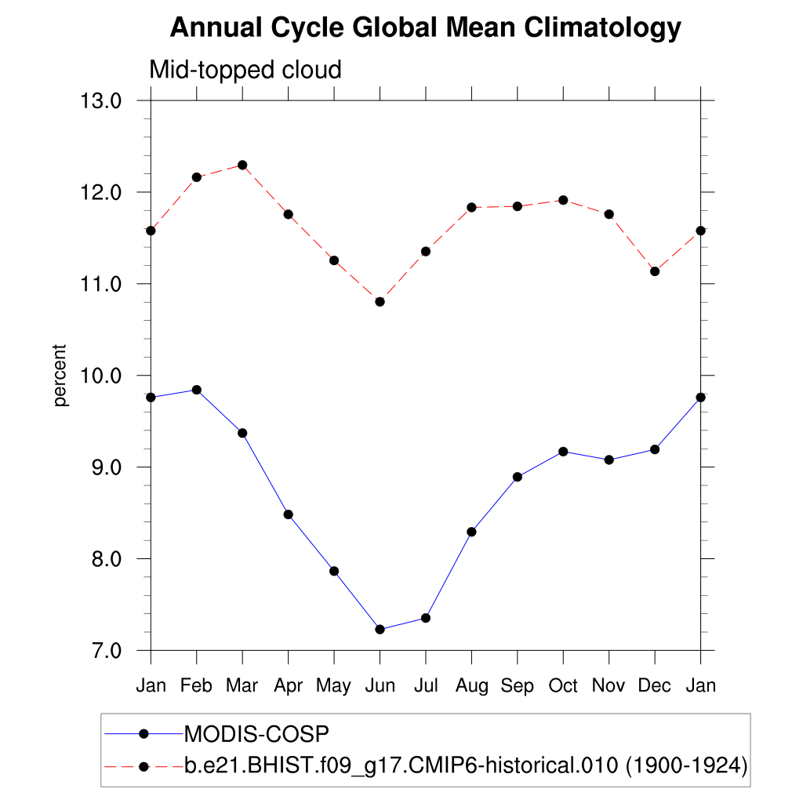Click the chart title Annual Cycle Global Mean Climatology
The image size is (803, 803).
point(426,28)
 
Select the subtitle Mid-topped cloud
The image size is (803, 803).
point(245,71)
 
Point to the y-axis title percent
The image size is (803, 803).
point(61,376)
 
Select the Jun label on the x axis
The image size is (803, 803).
point(380,686)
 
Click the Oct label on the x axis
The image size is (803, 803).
point(563,686)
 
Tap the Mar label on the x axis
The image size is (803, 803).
point(242,686)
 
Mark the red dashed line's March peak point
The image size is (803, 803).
point(242,165)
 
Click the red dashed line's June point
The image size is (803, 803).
point(380,302)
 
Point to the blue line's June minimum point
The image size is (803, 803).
point(380,629)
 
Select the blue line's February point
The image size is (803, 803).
point(197,390)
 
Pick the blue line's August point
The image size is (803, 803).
point(471,532)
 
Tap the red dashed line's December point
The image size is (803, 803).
point(655,271)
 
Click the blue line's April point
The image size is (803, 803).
point(289,514)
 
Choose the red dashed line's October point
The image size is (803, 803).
point(563,200)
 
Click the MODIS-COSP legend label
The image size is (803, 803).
point(256,734)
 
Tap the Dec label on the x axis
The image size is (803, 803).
point(655,686)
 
